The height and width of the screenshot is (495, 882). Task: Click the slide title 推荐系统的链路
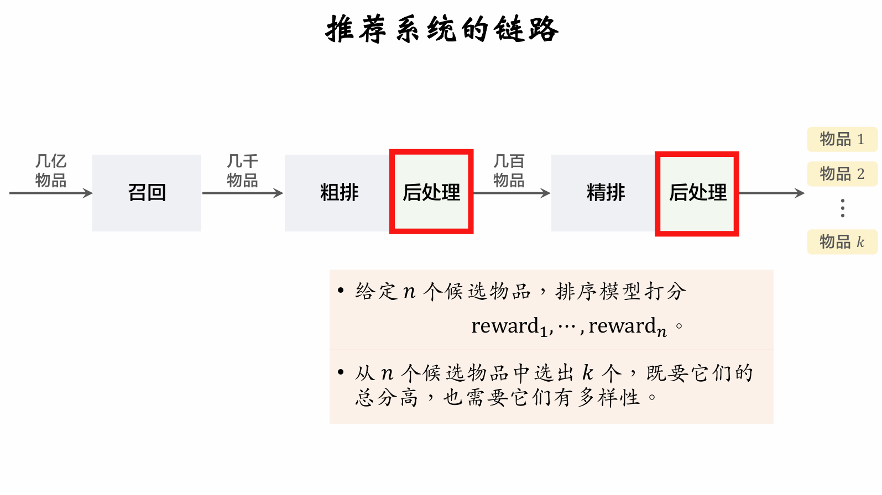(442, 29)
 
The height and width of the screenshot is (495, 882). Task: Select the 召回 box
(147, 193)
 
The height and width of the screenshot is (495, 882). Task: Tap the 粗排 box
(338, 193)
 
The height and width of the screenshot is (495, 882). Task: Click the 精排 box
(605, 193)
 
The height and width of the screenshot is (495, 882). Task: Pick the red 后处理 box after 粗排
(431, 192)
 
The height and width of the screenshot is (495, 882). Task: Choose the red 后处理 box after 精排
(697, 193)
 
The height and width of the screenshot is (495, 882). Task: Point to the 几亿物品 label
(51, 171)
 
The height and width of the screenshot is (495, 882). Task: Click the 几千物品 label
(242, 171)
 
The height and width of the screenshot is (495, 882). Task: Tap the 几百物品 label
(509, 171)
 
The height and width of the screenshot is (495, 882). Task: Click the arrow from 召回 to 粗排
(242, 193)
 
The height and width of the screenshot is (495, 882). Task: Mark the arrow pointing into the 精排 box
(512, 193)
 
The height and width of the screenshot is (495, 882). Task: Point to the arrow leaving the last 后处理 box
(771, 193)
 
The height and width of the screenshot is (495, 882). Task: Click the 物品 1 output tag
(842, 139)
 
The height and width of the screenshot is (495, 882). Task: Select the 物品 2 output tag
(842, 174)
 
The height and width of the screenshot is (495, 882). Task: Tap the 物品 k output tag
(842, 242)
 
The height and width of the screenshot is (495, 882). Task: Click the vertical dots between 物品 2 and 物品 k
(842, 208)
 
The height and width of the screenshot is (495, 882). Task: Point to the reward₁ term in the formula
(509, 327)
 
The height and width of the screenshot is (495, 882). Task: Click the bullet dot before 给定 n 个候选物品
(341, 290)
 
